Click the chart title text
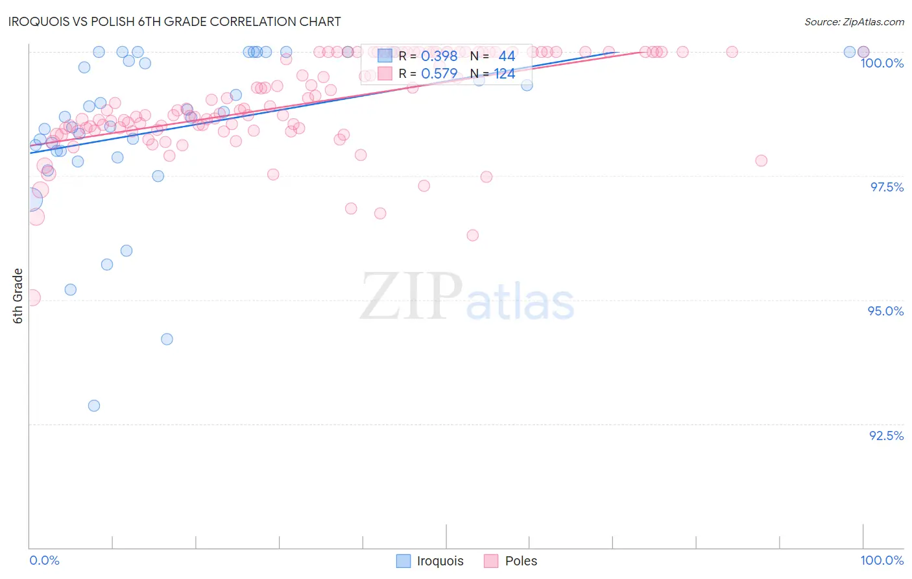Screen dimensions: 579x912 [x=174, y=21]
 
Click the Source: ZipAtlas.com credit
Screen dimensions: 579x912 [x=854, y=21]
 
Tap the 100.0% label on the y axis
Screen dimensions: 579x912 [x=882, y=63]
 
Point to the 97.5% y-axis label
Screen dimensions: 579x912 [x=886, y=187]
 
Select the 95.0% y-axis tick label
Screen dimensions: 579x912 [x=885, y=311]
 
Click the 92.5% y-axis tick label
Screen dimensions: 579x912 [x=886, y=436]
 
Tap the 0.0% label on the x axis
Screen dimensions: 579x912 [x=44, y=560]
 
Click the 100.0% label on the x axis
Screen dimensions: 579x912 [x=882, y=560]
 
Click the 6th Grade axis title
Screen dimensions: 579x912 [x=18, y=295]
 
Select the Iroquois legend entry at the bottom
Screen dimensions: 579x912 [x=431, y=561]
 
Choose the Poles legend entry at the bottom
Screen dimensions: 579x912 [x=511, y=561]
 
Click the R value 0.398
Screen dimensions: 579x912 [x=439, y=56]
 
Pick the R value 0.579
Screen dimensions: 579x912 [x=439, y=74]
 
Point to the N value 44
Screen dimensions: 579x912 [x=507, y=56]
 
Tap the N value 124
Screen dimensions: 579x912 [x=505, y=74]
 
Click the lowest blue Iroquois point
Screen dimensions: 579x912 [x=94, y=406]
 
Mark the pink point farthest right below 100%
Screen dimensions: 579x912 [x=761, y=160]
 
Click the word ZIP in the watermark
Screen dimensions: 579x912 [x=411, y=297]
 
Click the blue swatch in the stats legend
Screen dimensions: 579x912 [x=385, y=56]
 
